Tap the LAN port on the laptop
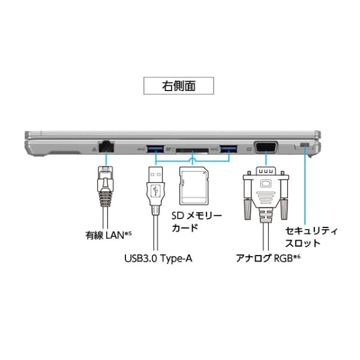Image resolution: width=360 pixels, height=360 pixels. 107,145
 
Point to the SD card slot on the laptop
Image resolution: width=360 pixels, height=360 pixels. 192,148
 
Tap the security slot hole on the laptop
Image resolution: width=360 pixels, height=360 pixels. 304,145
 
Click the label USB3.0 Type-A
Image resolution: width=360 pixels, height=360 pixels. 158,259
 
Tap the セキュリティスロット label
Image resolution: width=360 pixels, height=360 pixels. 311,237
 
